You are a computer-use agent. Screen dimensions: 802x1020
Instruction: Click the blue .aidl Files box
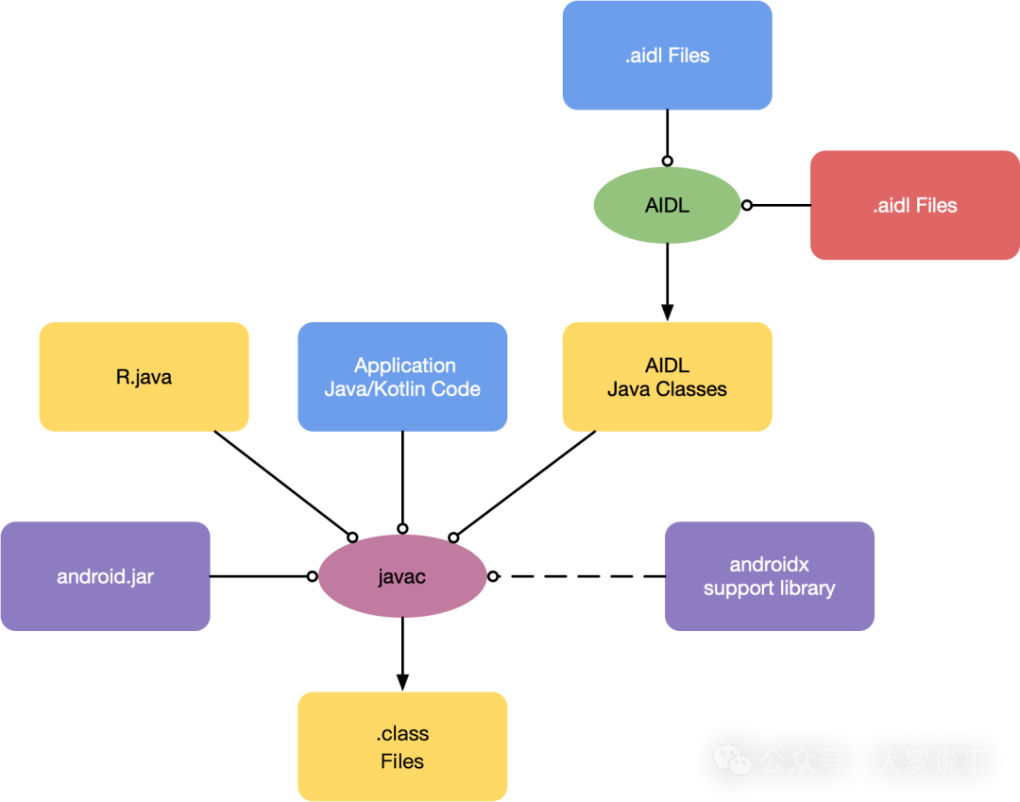tap(667, 55)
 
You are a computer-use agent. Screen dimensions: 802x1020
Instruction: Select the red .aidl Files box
tap(914, 205)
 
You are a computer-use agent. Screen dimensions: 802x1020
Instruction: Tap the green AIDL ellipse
tap(667, 205)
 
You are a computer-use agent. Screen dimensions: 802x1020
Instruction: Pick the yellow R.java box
tap(144, 377)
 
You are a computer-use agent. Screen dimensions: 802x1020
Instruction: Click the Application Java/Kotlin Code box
tap(402, 377)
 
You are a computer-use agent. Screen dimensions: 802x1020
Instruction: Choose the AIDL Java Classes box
tap(667, 377)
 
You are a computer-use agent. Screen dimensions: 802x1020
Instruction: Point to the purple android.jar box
tap(105, 576)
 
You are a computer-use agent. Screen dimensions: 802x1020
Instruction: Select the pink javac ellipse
tap(402, 576)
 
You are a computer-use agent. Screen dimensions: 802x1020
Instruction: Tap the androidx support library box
tap(770, 576)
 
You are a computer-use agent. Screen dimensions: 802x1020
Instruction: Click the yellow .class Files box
tap(402, 746)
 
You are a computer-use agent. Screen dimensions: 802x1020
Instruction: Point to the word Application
tap(405, 366)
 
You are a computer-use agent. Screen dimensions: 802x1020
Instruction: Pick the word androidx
tap(770, 565)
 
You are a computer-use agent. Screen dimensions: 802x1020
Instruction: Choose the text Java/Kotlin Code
tap(402, 389)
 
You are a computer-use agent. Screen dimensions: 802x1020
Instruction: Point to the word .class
tap(402, 734)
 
